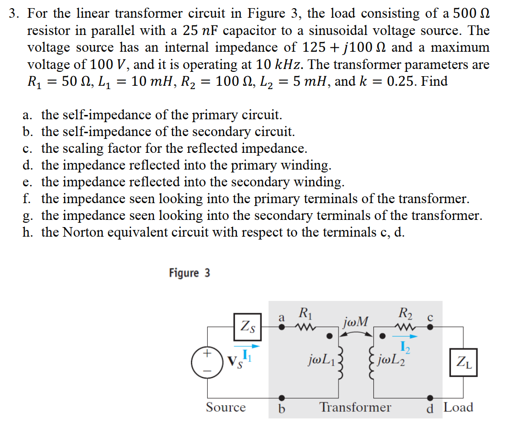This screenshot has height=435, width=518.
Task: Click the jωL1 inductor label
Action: pos(325,359)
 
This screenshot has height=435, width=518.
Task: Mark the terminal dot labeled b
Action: pos(282,398)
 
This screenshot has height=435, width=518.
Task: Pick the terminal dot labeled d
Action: pos(430,398)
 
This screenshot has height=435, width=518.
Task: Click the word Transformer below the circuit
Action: pos(355,408)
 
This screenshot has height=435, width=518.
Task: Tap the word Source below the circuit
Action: pos(225,408)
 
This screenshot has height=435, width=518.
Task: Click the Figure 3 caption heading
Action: pos(189,273)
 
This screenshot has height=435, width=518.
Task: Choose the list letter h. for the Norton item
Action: pos(28,232)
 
